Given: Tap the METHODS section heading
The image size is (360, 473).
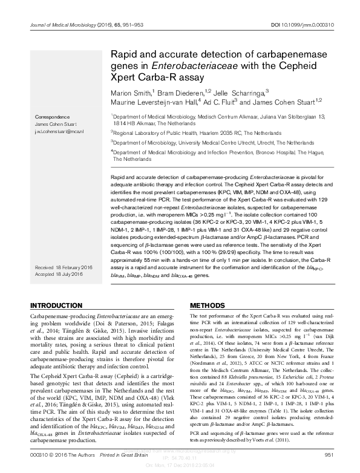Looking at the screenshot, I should [208, 305].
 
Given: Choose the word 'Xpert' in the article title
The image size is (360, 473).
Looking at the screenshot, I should [125, 77].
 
